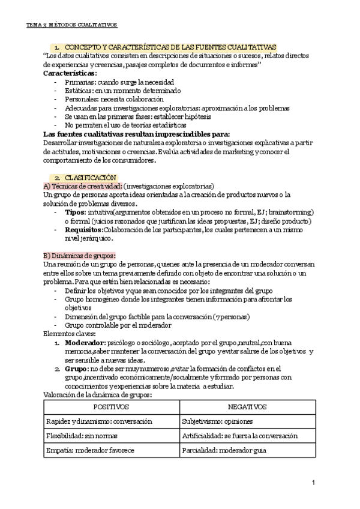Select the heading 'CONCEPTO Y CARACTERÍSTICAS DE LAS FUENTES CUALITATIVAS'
click(x=170, y=47)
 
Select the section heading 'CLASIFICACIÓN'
click(x=90, y=178)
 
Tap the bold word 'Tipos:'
click(x=75, y=212)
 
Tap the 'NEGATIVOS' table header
click(x=247, y=407)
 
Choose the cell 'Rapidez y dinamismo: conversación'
click(x=100, y=421)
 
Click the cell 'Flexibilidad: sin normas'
click(x=82, y=436)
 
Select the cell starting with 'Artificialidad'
click(x=239, y=436)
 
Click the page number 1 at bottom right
click(x=314, y=483)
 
